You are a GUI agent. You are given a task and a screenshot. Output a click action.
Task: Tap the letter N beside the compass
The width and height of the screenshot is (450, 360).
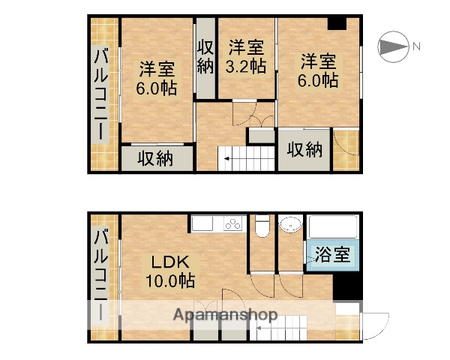point(415,47)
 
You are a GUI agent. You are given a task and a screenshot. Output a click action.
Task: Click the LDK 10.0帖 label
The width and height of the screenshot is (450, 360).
point(170,271)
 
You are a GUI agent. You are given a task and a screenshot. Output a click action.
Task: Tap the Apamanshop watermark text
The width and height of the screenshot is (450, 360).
point(225,314)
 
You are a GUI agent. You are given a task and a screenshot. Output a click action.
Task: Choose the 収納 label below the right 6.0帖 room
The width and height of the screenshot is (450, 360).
point(304,150)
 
